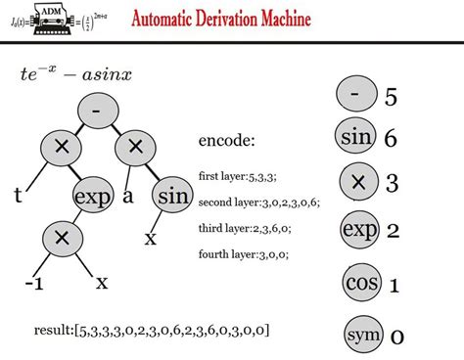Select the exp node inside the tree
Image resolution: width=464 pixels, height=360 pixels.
tap(92, 195)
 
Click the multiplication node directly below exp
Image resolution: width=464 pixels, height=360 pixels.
tap(61, 238)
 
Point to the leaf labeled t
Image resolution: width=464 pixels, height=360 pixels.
tap(18, 196)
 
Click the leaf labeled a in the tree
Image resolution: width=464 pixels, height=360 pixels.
tap(128, 196)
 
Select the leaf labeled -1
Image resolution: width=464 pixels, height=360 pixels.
tap(35, 284)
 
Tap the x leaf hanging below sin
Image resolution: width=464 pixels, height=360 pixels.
tap(152, 238)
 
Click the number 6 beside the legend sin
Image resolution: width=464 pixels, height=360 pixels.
tap(392, 138)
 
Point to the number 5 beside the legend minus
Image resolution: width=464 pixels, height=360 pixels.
tap(391, 97)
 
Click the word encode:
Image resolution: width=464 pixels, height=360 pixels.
tap(226, 140)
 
